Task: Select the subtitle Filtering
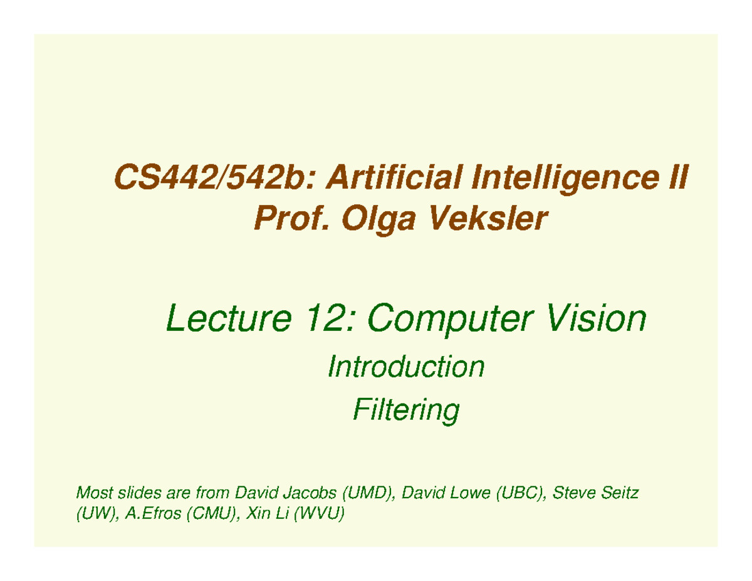click(x=406, y=411)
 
